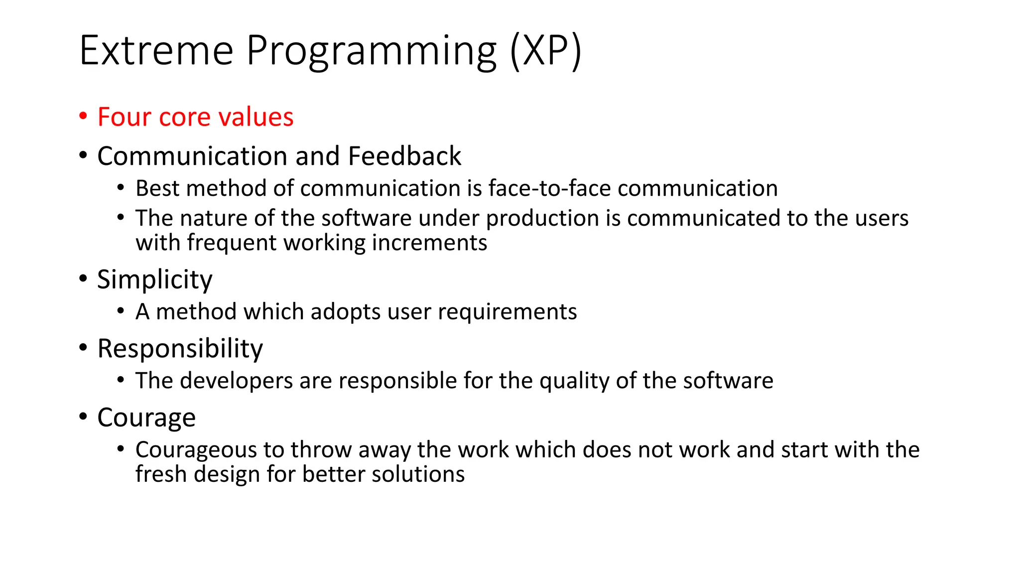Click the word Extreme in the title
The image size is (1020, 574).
tap(156, 51)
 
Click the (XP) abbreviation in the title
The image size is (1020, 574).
tap(545, 51)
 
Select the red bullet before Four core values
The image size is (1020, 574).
tap(83, 116)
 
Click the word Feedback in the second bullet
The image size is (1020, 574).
tap(404, 156)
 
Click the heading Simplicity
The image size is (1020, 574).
tap(154, 280)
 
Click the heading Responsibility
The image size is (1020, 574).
tap(180, 348)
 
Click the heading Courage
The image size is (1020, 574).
tap(146, 418)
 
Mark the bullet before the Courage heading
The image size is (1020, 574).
tap(83, 416)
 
